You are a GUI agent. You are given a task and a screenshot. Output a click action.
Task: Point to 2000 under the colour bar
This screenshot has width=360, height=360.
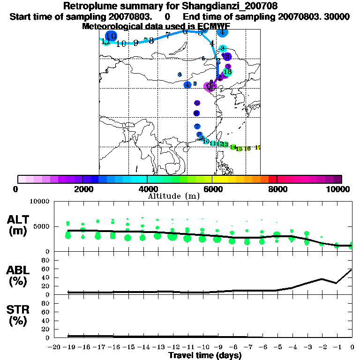[x=82, y=189]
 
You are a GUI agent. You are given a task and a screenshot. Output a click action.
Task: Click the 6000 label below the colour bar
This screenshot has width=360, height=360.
[x=212, y=189]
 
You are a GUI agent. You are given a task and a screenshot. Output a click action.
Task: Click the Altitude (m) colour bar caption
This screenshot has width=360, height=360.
[x=173, y=195]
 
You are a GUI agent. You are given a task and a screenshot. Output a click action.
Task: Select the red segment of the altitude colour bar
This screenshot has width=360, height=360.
[x=272, y=179]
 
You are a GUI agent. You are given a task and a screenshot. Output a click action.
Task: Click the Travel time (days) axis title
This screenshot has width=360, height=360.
[x=205, y=355]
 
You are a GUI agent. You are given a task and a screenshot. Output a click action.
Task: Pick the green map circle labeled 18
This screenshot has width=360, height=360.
[x=228, y=72]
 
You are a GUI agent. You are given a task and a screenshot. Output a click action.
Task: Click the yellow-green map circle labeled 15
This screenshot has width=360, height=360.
[x=239, y=149]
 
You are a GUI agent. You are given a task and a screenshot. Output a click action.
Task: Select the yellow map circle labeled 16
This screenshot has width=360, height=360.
[x=247, y=148]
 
